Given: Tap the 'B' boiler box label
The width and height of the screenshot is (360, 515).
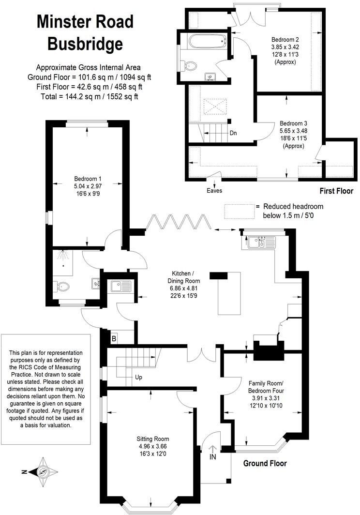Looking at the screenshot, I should click(114, 338).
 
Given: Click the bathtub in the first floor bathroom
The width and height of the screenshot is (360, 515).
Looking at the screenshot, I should click(207, 41).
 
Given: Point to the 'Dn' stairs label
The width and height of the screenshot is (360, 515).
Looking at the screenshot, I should click(233, 133).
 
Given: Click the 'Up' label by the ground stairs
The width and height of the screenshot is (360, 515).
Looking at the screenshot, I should click(138, 377).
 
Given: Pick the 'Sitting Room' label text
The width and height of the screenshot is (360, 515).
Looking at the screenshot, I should click(152, 439).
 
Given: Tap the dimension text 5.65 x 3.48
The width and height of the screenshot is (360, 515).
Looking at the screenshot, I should click(293, 130).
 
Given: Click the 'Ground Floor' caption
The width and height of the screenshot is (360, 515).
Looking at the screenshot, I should click(265, 463).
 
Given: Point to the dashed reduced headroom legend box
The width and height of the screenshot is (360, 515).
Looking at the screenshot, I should click(239, 211).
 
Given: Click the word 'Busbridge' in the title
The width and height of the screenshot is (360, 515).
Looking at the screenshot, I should click(85, 44).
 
